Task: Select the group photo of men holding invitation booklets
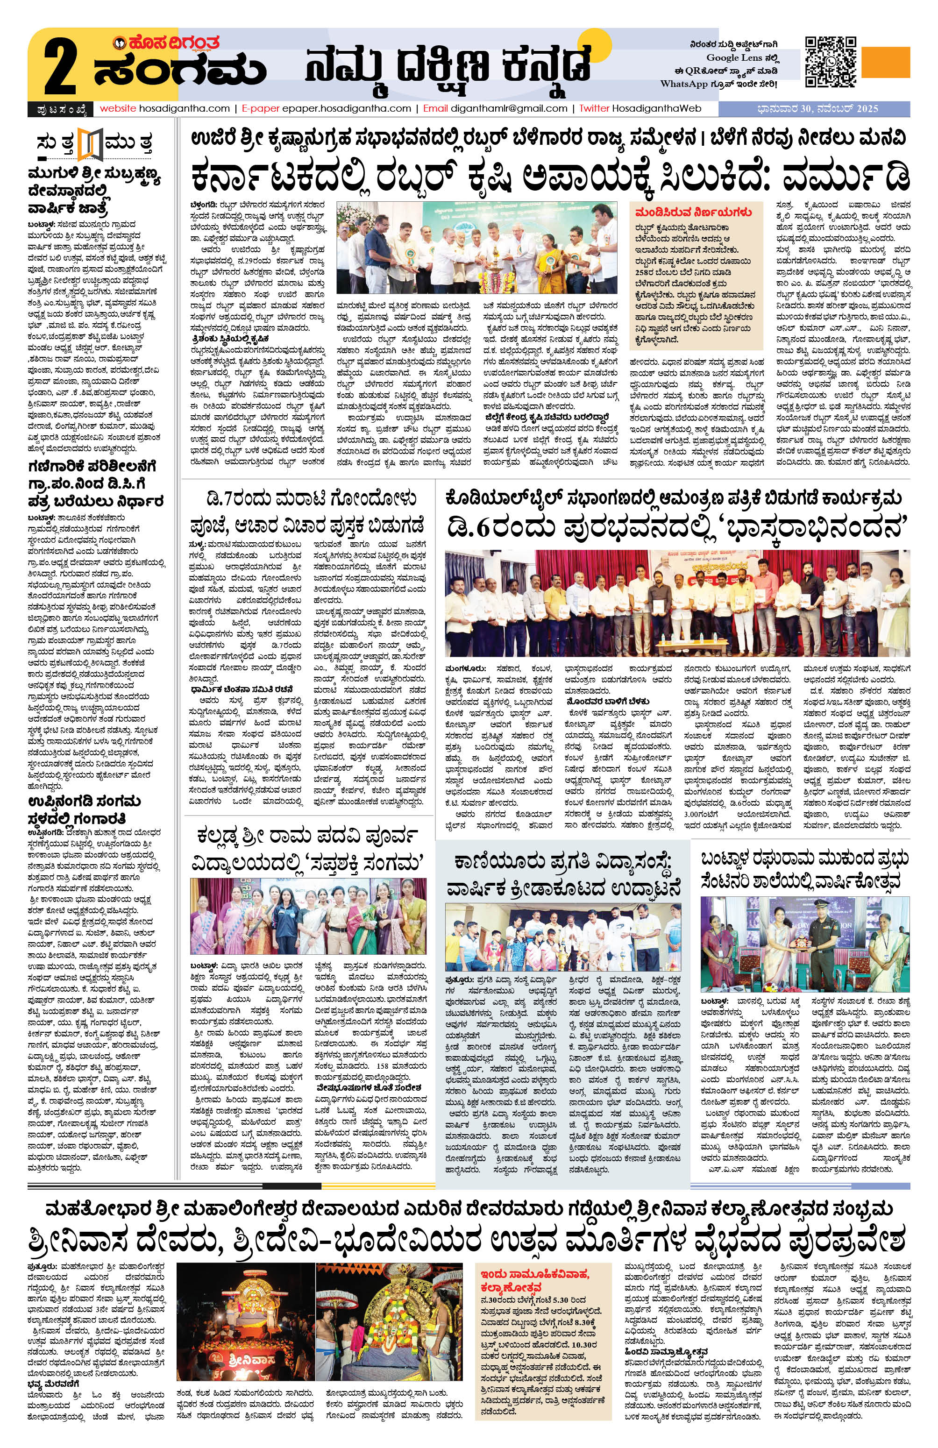point(677,598)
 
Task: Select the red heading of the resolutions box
point(687,213)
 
